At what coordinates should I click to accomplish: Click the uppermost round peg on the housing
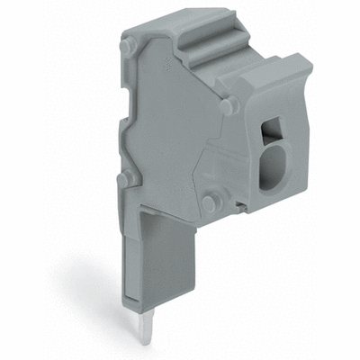[129, 46]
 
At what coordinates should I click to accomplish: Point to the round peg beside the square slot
[229, 105]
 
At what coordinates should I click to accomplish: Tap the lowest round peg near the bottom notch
[209, 203]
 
